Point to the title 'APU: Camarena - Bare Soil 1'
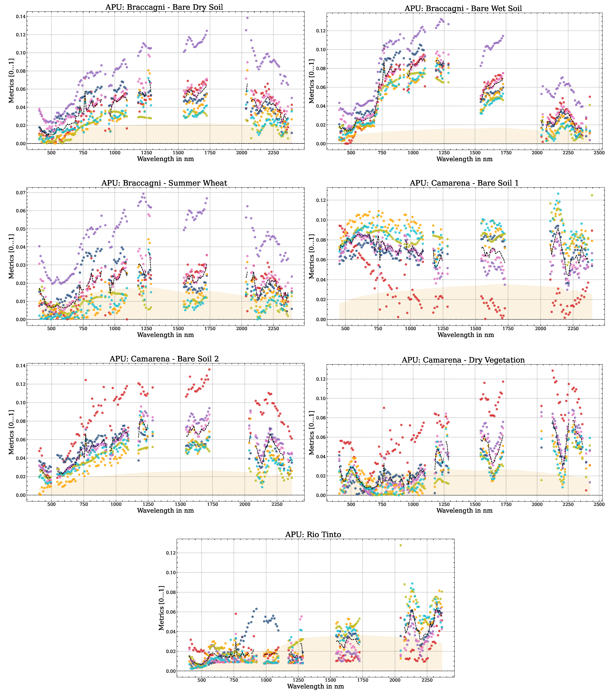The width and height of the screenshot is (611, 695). (x=464, y=183)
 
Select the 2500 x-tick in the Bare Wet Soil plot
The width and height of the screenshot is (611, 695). (x=599, y=153)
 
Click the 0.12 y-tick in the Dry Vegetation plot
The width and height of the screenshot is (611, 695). (x=320, y=379)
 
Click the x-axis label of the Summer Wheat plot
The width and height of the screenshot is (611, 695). (x=165, y=335)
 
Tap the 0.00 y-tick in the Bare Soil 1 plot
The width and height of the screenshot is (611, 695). (x=320, y=320)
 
